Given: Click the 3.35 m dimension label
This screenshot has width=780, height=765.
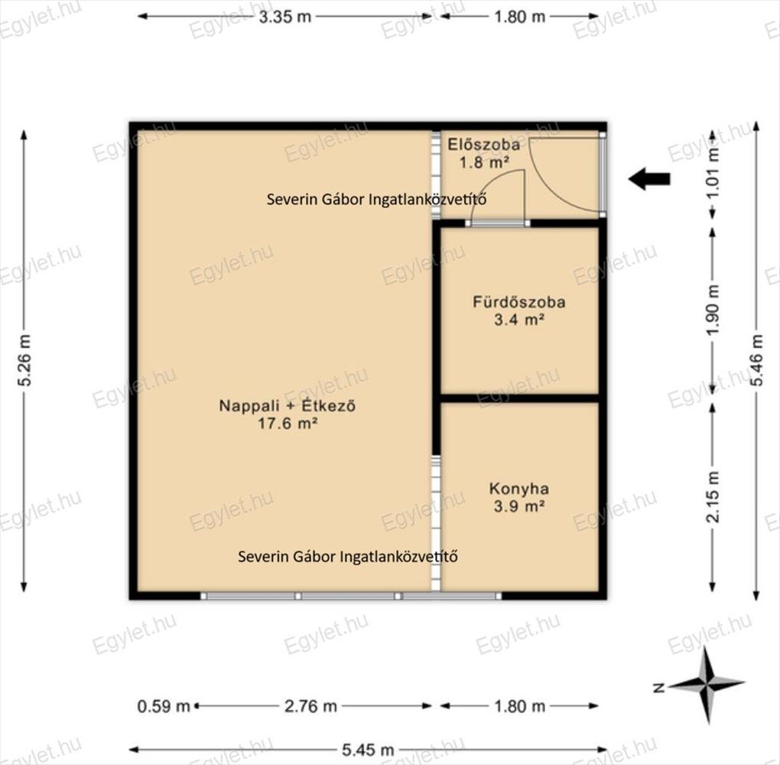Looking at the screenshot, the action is click(285, 17).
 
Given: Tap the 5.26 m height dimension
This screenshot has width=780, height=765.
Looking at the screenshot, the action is click(24, 360).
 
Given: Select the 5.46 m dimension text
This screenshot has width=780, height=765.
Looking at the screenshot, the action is click(756, 360).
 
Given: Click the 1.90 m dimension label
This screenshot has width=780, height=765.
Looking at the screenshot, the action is click(713, 310).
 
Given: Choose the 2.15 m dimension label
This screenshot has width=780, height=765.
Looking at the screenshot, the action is click(713, 496).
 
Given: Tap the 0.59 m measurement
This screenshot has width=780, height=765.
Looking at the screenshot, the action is click(164, 706).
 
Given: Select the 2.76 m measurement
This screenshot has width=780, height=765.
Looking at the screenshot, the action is click(311, 706).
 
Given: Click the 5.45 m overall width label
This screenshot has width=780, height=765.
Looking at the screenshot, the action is click(368, 749).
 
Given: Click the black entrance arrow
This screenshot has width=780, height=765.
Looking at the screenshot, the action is click(649, 179).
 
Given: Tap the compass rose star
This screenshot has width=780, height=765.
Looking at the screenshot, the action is click(707, 685).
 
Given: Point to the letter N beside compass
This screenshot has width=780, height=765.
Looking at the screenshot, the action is click(660, 688).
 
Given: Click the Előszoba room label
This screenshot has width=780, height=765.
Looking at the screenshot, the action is click(484, 145).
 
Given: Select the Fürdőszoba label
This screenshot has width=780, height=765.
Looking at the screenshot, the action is click(518, 302).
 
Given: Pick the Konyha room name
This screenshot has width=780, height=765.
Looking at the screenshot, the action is click(518, 489).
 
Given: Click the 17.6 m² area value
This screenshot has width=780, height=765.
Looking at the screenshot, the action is click(288, 424).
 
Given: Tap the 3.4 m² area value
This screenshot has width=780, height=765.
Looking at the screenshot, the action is click(518, 320).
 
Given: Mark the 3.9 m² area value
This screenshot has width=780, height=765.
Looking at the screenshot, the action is click(518, 506).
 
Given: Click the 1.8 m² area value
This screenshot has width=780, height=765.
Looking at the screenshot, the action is click(484, 162).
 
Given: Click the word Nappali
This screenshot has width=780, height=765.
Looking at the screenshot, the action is click(249, 406).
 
